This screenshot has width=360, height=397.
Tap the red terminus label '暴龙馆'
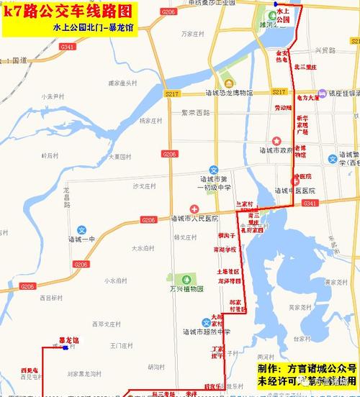69,340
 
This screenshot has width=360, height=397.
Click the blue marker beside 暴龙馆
66,349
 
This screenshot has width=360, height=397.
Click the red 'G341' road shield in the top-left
68,46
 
